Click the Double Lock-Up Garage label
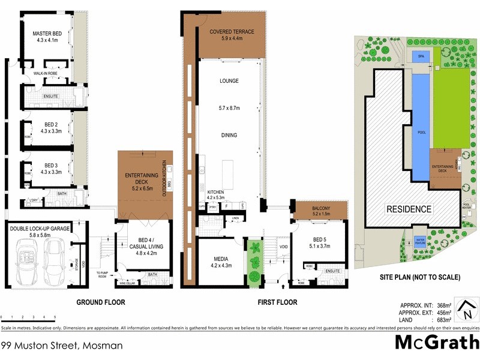(39, 228)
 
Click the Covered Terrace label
(232, 32)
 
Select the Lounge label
(229, 81)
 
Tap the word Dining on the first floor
(229, 135)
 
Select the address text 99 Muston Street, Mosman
(62, 346)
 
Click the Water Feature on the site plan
(420, 242)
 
